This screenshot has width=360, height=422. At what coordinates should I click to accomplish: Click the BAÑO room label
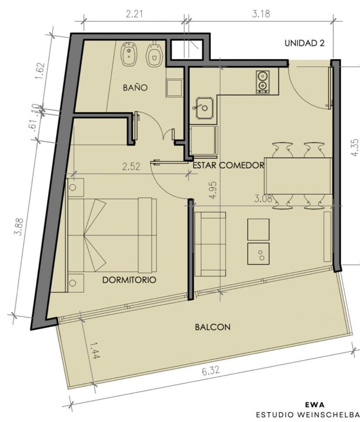135,87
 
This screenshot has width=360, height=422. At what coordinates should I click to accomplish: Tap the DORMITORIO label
129,280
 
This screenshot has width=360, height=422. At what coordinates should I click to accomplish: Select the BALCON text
213,327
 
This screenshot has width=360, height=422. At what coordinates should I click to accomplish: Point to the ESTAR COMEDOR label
228,165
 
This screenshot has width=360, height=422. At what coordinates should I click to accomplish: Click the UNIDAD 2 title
304,43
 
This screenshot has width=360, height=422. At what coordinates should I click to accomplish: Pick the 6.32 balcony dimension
211,371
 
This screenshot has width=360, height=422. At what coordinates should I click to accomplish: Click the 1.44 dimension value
94,350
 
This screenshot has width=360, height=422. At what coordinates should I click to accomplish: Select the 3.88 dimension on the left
19,226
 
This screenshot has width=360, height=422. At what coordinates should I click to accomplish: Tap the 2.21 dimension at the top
134,14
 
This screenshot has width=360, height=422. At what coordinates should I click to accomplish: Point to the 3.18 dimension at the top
261,14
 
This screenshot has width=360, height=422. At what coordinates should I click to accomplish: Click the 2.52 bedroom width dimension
131,166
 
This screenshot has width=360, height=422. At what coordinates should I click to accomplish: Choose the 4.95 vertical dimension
213,190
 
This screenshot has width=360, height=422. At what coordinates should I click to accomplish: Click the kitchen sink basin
205,108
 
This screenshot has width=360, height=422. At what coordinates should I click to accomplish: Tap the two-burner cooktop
263,82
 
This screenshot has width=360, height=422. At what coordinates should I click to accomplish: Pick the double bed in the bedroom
112,236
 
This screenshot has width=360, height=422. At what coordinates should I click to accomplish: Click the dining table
298,176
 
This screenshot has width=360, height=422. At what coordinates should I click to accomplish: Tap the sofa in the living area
210,244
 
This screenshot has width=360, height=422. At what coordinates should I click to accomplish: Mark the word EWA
315,405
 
